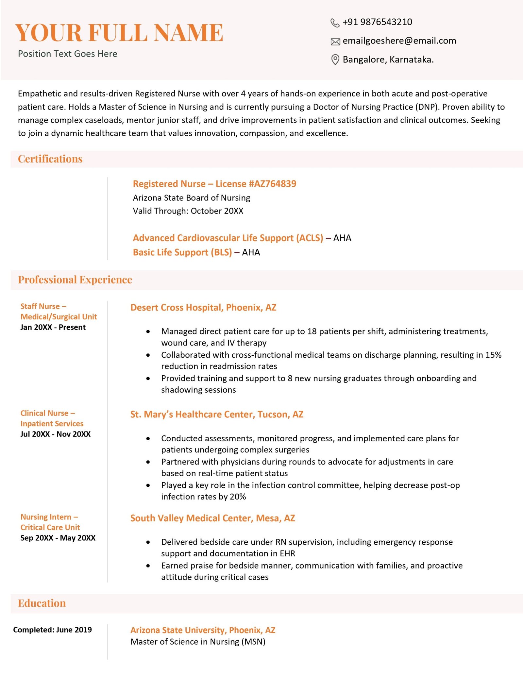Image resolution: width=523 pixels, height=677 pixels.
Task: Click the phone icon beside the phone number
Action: click(335, 23)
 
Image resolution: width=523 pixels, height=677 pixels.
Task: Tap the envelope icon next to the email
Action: click(335, 42)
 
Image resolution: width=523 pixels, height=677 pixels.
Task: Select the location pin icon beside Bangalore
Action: click(335, 60)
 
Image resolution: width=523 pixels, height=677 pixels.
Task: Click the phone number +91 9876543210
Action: click(377, 22)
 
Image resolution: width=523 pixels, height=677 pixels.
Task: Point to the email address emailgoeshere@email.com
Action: click(399, 41)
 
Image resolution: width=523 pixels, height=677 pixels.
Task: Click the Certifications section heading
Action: click(50, 159)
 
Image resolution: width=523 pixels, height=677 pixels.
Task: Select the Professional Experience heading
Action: click(75, 280)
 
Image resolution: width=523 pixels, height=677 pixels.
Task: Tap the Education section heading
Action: click(42, 603)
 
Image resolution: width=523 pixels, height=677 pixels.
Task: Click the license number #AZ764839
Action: click(272, 184)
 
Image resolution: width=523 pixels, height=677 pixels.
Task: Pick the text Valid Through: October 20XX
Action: click(188, 211)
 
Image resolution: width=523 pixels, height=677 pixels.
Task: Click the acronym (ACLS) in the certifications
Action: click(310, 238)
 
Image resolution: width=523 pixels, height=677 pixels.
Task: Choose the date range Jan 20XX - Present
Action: click(53, 327)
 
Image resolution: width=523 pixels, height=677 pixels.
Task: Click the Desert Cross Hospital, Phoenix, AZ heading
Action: click(203, 308)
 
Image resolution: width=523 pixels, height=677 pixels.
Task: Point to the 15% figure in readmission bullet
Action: click(493, 355)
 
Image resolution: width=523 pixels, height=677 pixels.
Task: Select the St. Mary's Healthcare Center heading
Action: click(217, 415)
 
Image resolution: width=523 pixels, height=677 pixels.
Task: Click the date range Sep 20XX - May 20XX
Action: click(58, 538)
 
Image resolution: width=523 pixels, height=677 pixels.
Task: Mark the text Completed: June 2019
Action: click(52, 630)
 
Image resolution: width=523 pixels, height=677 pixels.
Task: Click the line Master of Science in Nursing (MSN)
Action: click(198, 642)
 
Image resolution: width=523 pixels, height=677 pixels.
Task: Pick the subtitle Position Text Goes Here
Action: click(68, 54)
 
